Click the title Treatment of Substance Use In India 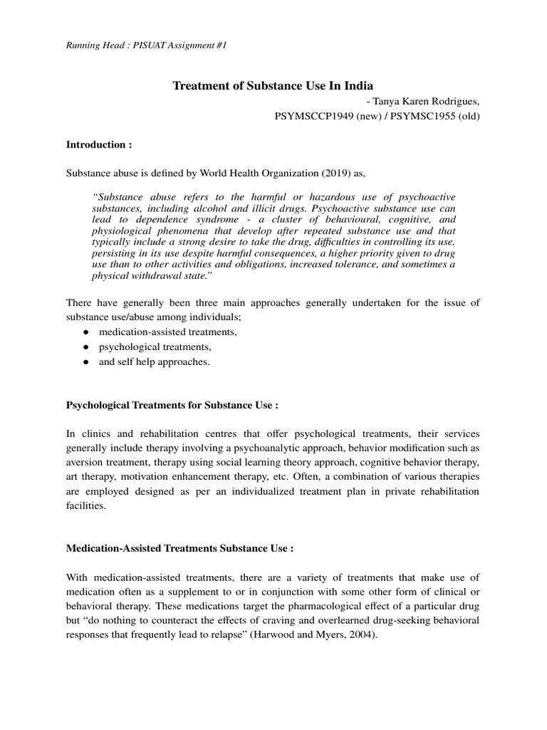point(273,86)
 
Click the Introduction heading point(99,144)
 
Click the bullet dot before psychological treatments point(85,347)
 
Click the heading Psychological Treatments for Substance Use point(172,405)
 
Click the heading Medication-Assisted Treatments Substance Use point(179,549)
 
